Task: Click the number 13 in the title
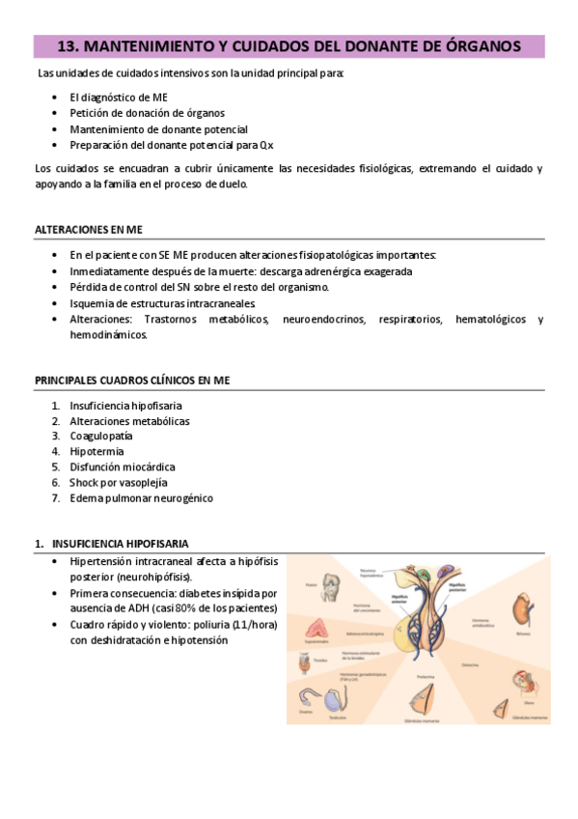point(68,45)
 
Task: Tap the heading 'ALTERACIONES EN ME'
point(88,229)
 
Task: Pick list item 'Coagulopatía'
point(101,437)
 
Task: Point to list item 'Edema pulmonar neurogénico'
point(141,498)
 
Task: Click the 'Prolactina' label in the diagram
point(423,677)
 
